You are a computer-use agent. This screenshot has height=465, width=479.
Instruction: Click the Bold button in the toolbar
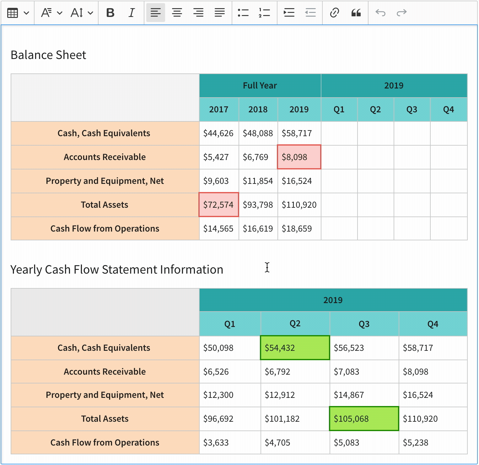(110, 13)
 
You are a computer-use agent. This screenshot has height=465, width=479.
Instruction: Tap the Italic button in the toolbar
(132, 13)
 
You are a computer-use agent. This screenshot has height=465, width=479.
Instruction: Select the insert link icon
(334, 13)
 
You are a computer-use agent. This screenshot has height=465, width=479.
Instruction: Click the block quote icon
(356, 13)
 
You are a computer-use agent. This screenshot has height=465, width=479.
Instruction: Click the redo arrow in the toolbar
(401, 13)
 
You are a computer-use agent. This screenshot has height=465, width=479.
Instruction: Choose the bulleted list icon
(243, 13)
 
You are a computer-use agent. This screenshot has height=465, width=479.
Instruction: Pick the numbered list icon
(264, 13)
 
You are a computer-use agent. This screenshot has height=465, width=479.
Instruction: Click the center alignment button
(177, 13)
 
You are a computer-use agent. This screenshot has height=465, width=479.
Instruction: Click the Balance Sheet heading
(48, 55)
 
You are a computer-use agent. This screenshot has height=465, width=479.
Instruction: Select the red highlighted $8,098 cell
(299, 157)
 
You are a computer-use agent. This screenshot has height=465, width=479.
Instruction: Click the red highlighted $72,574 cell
(218, 205)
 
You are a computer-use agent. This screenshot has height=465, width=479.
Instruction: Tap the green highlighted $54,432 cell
(295, 348)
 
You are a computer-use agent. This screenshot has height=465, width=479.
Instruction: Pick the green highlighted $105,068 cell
(364, 419)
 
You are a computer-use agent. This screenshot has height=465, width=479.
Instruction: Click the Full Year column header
(260, 85)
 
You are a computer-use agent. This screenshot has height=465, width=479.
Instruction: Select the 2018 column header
(258, 110)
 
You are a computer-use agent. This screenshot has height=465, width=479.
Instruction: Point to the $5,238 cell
(433, 442)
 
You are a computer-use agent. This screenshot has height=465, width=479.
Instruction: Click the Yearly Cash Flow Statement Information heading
(117, 270)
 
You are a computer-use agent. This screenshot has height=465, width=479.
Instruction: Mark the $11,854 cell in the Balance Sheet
(258, 181)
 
